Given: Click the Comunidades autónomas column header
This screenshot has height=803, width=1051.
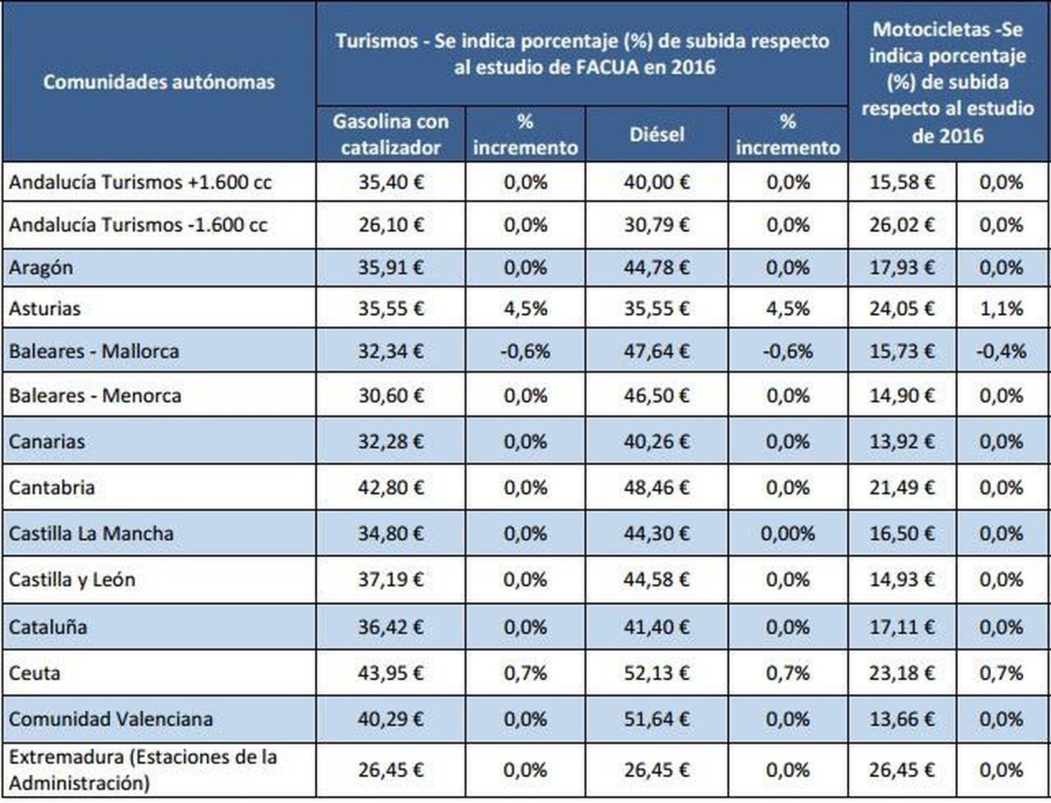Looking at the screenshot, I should tap(159, 82).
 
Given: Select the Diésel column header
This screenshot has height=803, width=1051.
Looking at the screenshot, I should tap(656, 135).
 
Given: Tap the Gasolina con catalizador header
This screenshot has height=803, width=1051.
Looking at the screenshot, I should tap(390, 134).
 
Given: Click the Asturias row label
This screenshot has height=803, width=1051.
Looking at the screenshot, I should tap(45, 309).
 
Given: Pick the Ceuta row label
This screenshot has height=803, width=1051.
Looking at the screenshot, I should tap(35, 673).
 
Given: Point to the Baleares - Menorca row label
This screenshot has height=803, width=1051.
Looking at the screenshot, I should tap(95, 396).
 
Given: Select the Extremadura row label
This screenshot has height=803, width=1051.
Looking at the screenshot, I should tap(143, 770).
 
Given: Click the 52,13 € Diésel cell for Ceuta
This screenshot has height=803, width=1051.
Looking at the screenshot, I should tap(656, 673).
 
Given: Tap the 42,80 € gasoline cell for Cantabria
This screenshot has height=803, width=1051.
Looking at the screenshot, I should tap(391, 488).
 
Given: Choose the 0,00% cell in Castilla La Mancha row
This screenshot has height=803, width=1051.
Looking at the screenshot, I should tap(787, 534).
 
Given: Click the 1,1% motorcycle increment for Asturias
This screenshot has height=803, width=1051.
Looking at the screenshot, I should tap(1001, 309).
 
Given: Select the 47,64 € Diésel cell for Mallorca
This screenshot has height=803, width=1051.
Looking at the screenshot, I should tap(656, 351).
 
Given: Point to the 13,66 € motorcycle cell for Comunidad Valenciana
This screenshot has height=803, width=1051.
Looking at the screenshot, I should tap(901, 719).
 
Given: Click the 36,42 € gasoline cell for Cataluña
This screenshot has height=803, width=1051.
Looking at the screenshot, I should tap(391, 627).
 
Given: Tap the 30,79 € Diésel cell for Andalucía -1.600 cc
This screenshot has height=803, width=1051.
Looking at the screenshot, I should tap(656, 225).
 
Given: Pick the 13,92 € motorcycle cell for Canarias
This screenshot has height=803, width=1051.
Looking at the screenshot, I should tap(901, 442).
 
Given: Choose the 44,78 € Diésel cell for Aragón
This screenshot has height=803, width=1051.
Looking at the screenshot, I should tap(656, 268).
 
